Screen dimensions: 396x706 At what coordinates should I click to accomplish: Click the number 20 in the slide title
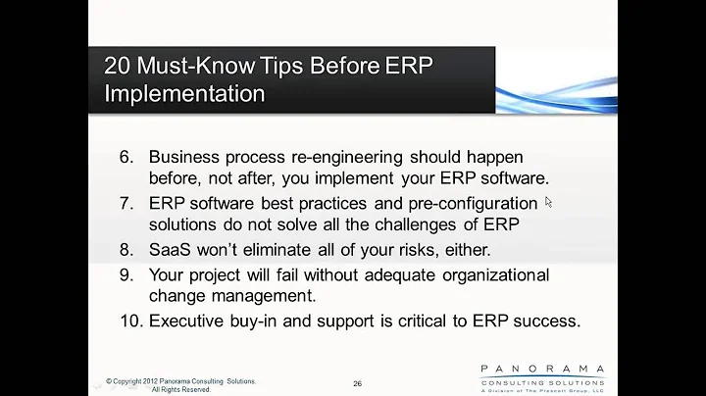(121, 68)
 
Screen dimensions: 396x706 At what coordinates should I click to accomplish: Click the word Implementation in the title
(184, 94)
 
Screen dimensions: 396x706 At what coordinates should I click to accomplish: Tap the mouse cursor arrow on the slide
(548, 202)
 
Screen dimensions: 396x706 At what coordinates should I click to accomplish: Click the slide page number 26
(357, 383)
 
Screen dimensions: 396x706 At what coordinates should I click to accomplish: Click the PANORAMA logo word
(542, 369)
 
